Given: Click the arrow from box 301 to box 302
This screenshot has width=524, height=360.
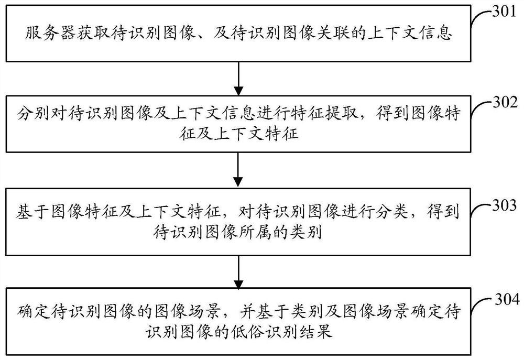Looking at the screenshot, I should coord(239,78).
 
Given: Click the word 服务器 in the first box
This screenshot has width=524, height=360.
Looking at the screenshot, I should coord(46,35).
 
